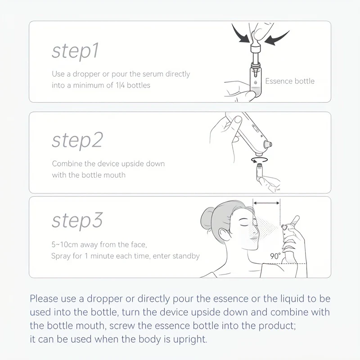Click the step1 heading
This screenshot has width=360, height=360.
[x=75, y=51]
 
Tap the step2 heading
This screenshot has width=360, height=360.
[x=77, y=140]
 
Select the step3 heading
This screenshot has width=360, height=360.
[x=77, y=220]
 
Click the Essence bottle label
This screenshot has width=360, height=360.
[x=290, y=81]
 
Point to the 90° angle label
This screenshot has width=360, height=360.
[x=275, y=256]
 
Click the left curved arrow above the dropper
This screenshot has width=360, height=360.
[x=241, y=35]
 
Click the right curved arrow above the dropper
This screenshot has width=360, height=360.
[x=277, y=38]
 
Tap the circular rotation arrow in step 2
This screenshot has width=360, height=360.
[x=260, y=160]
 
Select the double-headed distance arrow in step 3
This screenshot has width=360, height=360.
[x=266, y=203]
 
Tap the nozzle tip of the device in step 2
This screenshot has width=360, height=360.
[x=268, y=144]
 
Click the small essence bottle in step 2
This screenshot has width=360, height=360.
[x=260, y=171]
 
